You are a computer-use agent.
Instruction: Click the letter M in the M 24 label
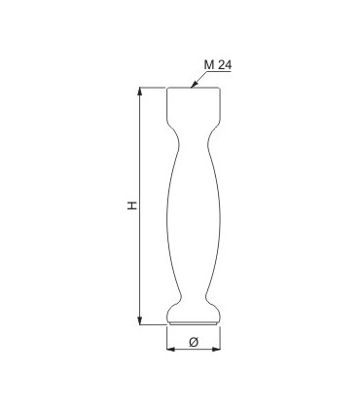pos(209,65)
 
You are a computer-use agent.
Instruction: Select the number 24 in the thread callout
pos(225,65)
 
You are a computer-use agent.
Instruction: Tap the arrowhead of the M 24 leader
pos(193,86)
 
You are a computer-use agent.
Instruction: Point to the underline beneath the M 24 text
pos(218,71)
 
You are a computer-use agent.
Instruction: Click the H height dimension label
pos(131,206)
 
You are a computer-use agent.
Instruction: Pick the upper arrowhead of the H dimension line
pos(140,91)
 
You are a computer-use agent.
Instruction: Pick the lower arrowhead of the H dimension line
pos(140,320)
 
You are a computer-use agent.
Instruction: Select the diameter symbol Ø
pos(194,342)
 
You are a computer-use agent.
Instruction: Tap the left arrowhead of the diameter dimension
pos(170,349)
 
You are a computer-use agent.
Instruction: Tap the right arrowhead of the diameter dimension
pos(216,349)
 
